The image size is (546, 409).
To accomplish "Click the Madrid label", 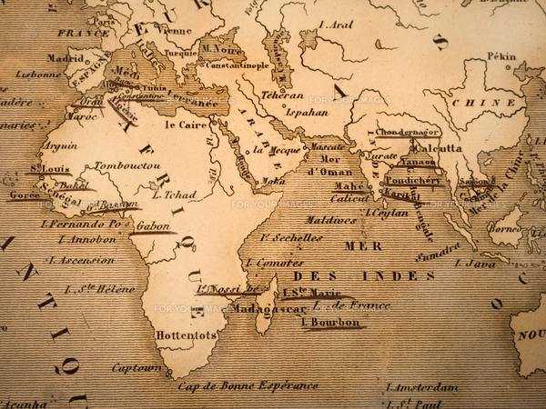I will pyautogui.click(x=65, y=57).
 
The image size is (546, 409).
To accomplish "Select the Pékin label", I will pyautogui.click(x=500, y=56).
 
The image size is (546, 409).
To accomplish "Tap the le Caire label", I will pyautogui.click(x=187, y=125).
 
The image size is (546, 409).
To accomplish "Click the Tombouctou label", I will pyautogui.click(x=127, y=166).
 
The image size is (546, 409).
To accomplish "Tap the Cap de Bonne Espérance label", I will pyautogui.click(x=248, y=385).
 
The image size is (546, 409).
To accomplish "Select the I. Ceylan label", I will pyautogui.click(x=386, y=213).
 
